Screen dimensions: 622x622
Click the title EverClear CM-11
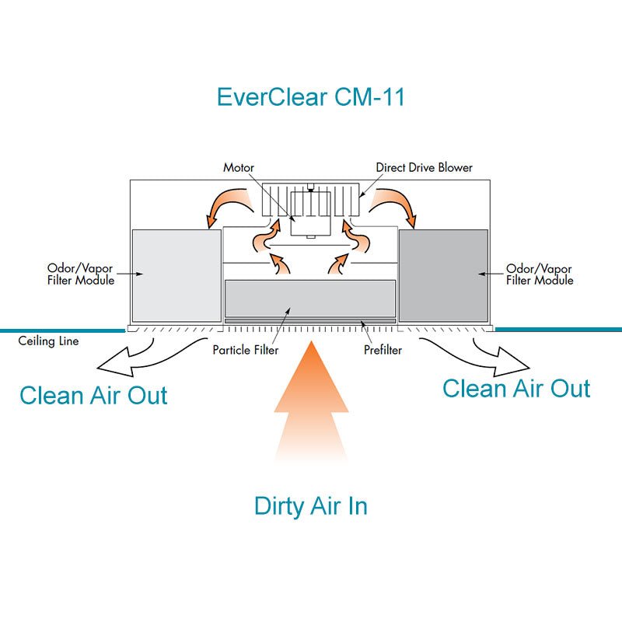pyautogui.click(x=311, y=98)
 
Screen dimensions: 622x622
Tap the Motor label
pyautogui.click(x=239, y=167)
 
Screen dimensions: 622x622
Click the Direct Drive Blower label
pyautogui.click(x=424, y=167)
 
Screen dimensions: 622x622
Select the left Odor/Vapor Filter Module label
pyautogui.click(x=81, y=274)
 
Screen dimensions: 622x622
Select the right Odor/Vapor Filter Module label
pyautogui.click(x=540, y=274)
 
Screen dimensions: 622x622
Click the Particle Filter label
pyautogui.click(x=245, y=350)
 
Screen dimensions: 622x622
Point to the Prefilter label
pyautogui.click(x=383, y=350)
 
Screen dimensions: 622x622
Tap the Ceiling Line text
pyautogui.click(x=48, y=341)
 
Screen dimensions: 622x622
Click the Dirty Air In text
pyautogui.click(x=310, y=506)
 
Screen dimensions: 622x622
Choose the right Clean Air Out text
pyautogui.click(x=516, y=387)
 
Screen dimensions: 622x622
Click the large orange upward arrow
pyautogui.click(x=310, y=397)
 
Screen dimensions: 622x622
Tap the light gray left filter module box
pyautogui.click(x=176, y=276)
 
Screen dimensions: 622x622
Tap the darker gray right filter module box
pyautogui.click(x=443, y=276)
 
